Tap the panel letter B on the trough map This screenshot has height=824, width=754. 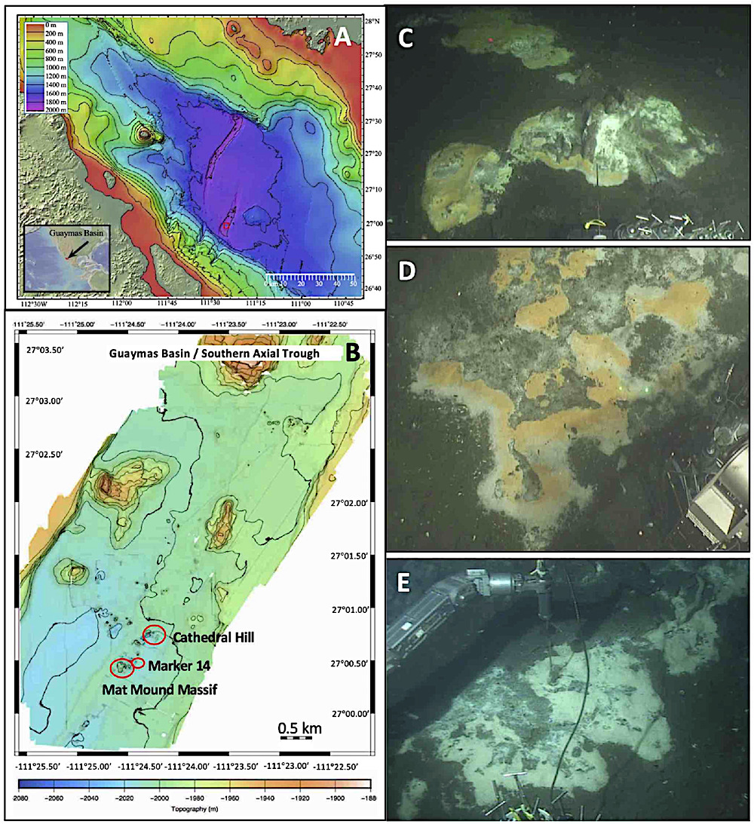pos(351,352)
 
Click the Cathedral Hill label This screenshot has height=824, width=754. pos(213,637)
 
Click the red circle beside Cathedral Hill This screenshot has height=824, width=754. pos(154,636)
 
